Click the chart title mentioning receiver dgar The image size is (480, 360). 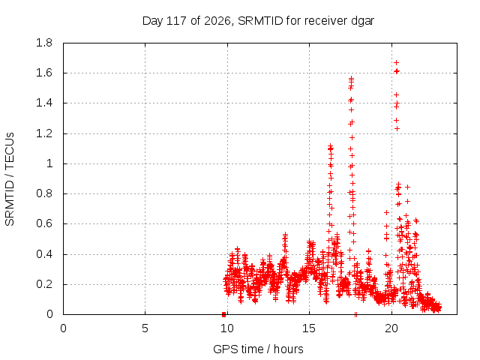[258, 21]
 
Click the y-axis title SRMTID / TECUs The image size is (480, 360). [10, 179]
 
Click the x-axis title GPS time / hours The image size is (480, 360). [258, 349]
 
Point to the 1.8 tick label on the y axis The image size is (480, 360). [44, 43]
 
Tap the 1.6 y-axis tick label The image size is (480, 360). [44, 73]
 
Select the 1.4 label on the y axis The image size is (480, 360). [44, 103]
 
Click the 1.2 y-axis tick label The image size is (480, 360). [44, 133]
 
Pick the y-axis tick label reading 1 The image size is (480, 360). [49, 163]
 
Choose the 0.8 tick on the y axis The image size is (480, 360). [44, 193]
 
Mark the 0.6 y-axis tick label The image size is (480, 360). [44, 223]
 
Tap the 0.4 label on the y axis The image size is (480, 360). [44, 254]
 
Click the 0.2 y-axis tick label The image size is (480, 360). [44, 284]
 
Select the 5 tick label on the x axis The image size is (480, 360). [145, 328]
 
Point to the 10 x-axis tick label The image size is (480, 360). [227, 328]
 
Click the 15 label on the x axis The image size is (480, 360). [309, 328]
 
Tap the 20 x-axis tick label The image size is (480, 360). [391, 328]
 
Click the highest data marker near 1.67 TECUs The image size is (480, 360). [397, 63]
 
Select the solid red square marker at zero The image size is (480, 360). [223, 314]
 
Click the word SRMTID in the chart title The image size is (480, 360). [260, 21]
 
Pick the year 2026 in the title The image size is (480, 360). [217, 21]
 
